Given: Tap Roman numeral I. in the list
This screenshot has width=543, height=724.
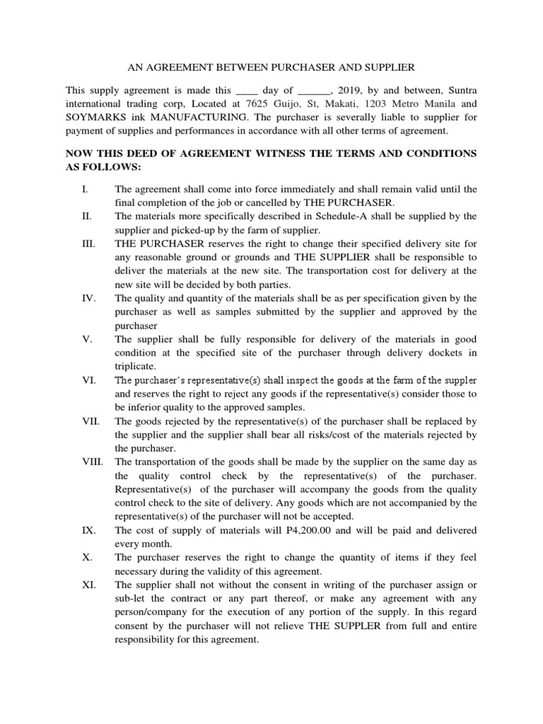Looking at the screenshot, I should pyautogui.click(x=84, y=189).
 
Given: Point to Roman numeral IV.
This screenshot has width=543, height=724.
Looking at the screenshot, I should pyautogui.click(x=88, y=298).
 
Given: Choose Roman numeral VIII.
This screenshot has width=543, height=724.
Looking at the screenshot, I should pyautogui.click(x=92, y=462).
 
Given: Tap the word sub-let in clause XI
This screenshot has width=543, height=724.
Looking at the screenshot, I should pyautogui.click(x=129, y=598).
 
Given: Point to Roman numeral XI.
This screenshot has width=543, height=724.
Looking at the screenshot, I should pyautogui.click(x=88, y=585).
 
